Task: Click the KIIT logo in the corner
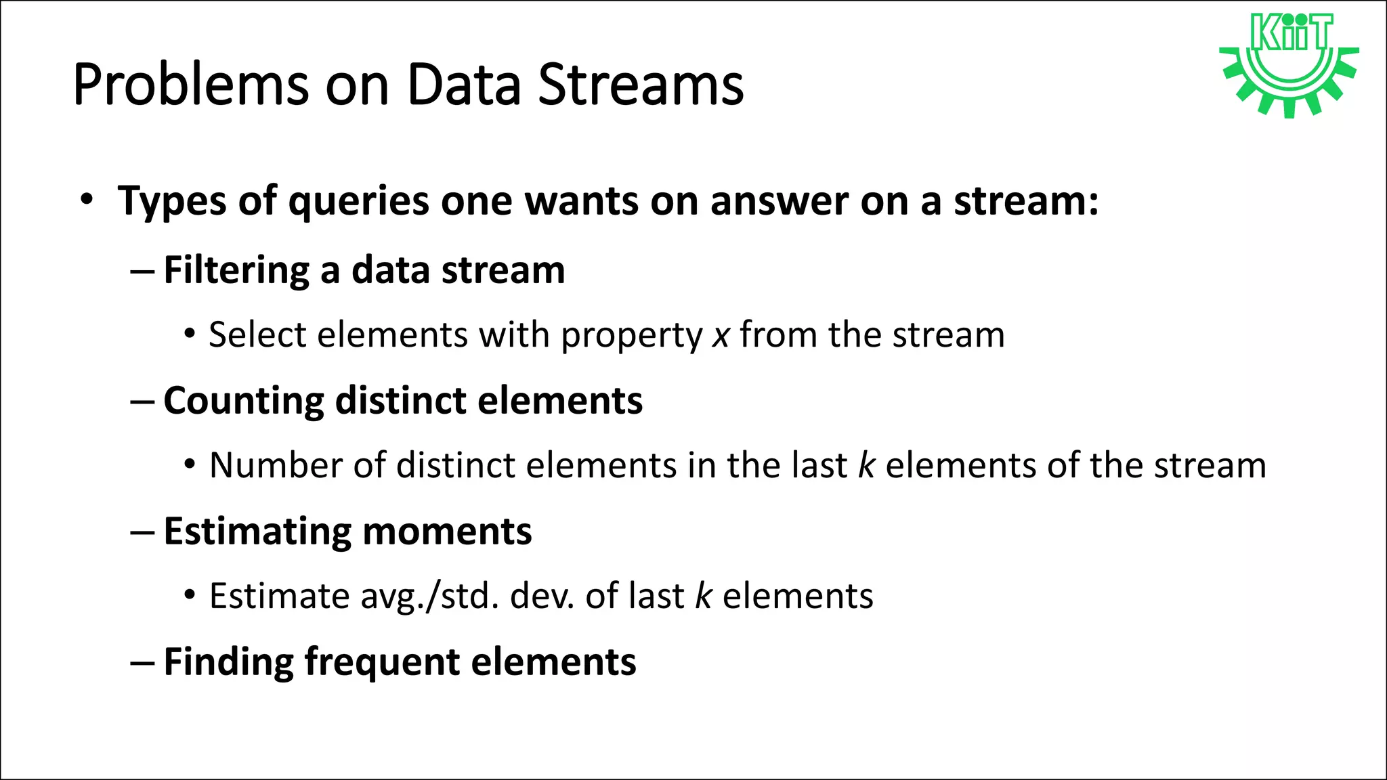(x=1289, y=64)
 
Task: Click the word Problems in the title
(x=190, y=85)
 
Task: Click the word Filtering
(x=236, y=270)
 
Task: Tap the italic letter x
(x=721, y=335)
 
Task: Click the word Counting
(x=244, y=401)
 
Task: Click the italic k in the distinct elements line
(x=867, y=466)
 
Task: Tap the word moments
(x=448, y=532)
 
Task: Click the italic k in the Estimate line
(x=704, y=597)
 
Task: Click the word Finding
(x=228, y=662)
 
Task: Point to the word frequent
(x=382, y=663)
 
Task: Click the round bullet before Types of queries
(x=86, y=200)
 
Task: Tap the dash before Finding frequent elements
(x=142, y=662)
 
